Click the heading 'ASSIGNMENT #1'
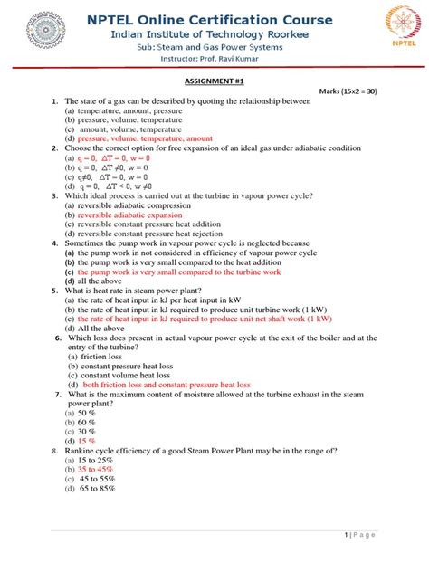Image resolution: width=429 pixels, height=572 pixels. click(214, 81)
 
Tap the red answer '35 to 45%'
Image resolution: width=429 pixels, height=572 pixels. click(95, 470)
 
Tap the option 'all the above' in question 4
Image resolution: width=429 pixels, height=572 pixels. click(99, 281)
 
